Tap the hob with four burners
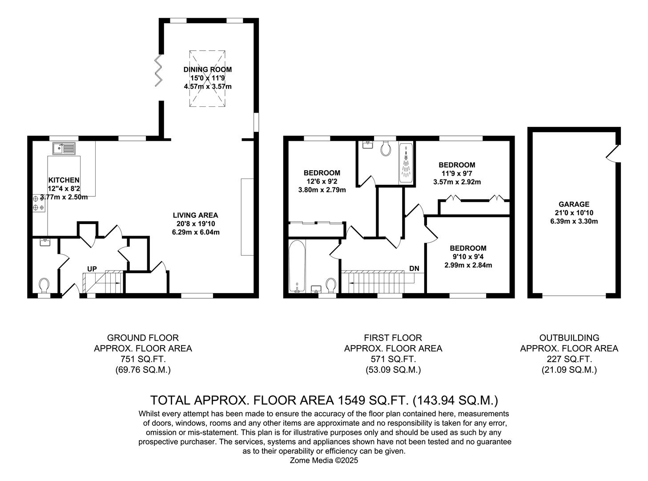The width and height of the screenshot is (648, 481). tap(39, 204)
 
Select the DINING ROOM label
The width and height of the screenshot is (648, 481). tap(208, 69)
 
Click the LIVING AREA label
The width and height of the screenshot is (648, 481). tap(196, 215)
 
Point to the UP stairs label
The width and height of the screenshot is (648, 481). tap(92, 269)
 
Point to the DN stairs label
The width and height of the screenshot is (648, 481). tap(414, 269)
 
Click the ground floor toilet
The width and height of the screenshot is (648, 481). tap(44, 284)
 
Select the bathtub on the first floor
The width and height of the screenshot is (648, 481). tap(296, 266)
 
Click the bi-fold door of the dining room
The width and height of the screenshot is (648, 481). tap(158, 71)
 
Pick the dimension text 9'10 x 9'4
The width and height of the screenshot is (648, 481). tap(468, 257)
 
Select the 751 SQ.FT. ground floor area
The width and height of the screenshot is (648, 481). tap(143, 359)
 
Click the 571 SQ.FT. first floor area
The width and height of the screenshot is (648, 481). tap(393, 359)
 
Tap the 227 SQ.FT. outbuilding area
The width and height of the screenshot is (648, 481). tap(569, 359)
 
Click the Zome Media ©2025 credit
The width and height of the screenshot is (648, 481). tap(324, 461)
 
